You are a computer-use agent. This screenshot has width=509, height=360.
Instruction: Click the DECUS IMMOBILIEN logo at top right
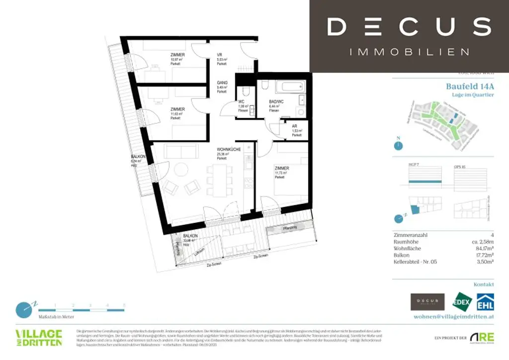tap(409, 36)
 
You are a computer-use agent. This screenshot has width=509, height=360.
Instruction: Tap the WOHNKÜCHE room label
tap(229, 149)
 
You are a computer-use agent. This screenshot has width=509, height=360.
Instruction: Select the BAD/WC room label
tap(274, 101)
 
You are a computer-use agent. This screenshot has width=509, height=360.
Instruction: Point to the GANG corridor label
tap(222, 83)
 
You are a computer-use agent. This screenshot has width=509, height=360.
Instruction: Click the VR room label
tap(219, 55)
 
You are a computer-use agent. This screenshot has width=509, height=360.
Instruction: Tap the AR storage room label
tap(295, 126)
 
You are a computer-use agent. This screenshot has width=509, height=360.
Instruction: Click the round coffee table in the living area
tap(180, 171)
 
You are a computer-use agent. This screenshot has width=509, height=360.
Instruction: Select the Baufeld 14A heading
tap(470, 86)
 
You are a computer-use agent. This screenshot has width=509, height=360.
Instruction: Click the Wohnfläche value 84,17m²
tap(481, 249)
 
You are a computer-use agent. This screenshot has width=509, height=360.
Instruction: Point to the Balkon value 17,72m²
tap(481, 255)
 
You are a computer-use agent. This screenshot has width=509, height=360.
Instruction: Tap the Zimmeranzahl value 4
tap(492, 235)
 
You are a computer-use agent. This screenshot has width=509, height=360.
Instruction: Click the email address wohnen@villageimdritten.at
tap(454, 316)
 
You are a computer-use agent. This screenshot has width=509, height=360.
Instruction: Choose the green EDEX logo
tap(461, 302)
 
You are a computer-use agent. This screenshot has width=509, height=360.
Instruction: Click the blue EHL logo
tap(485, 302)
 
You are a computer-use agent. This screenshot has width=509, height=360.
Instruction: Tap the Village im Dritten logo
tap(39, 337)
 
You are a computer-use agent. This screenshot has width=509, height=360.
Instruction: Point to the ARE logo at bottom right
tap(481, 337)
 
